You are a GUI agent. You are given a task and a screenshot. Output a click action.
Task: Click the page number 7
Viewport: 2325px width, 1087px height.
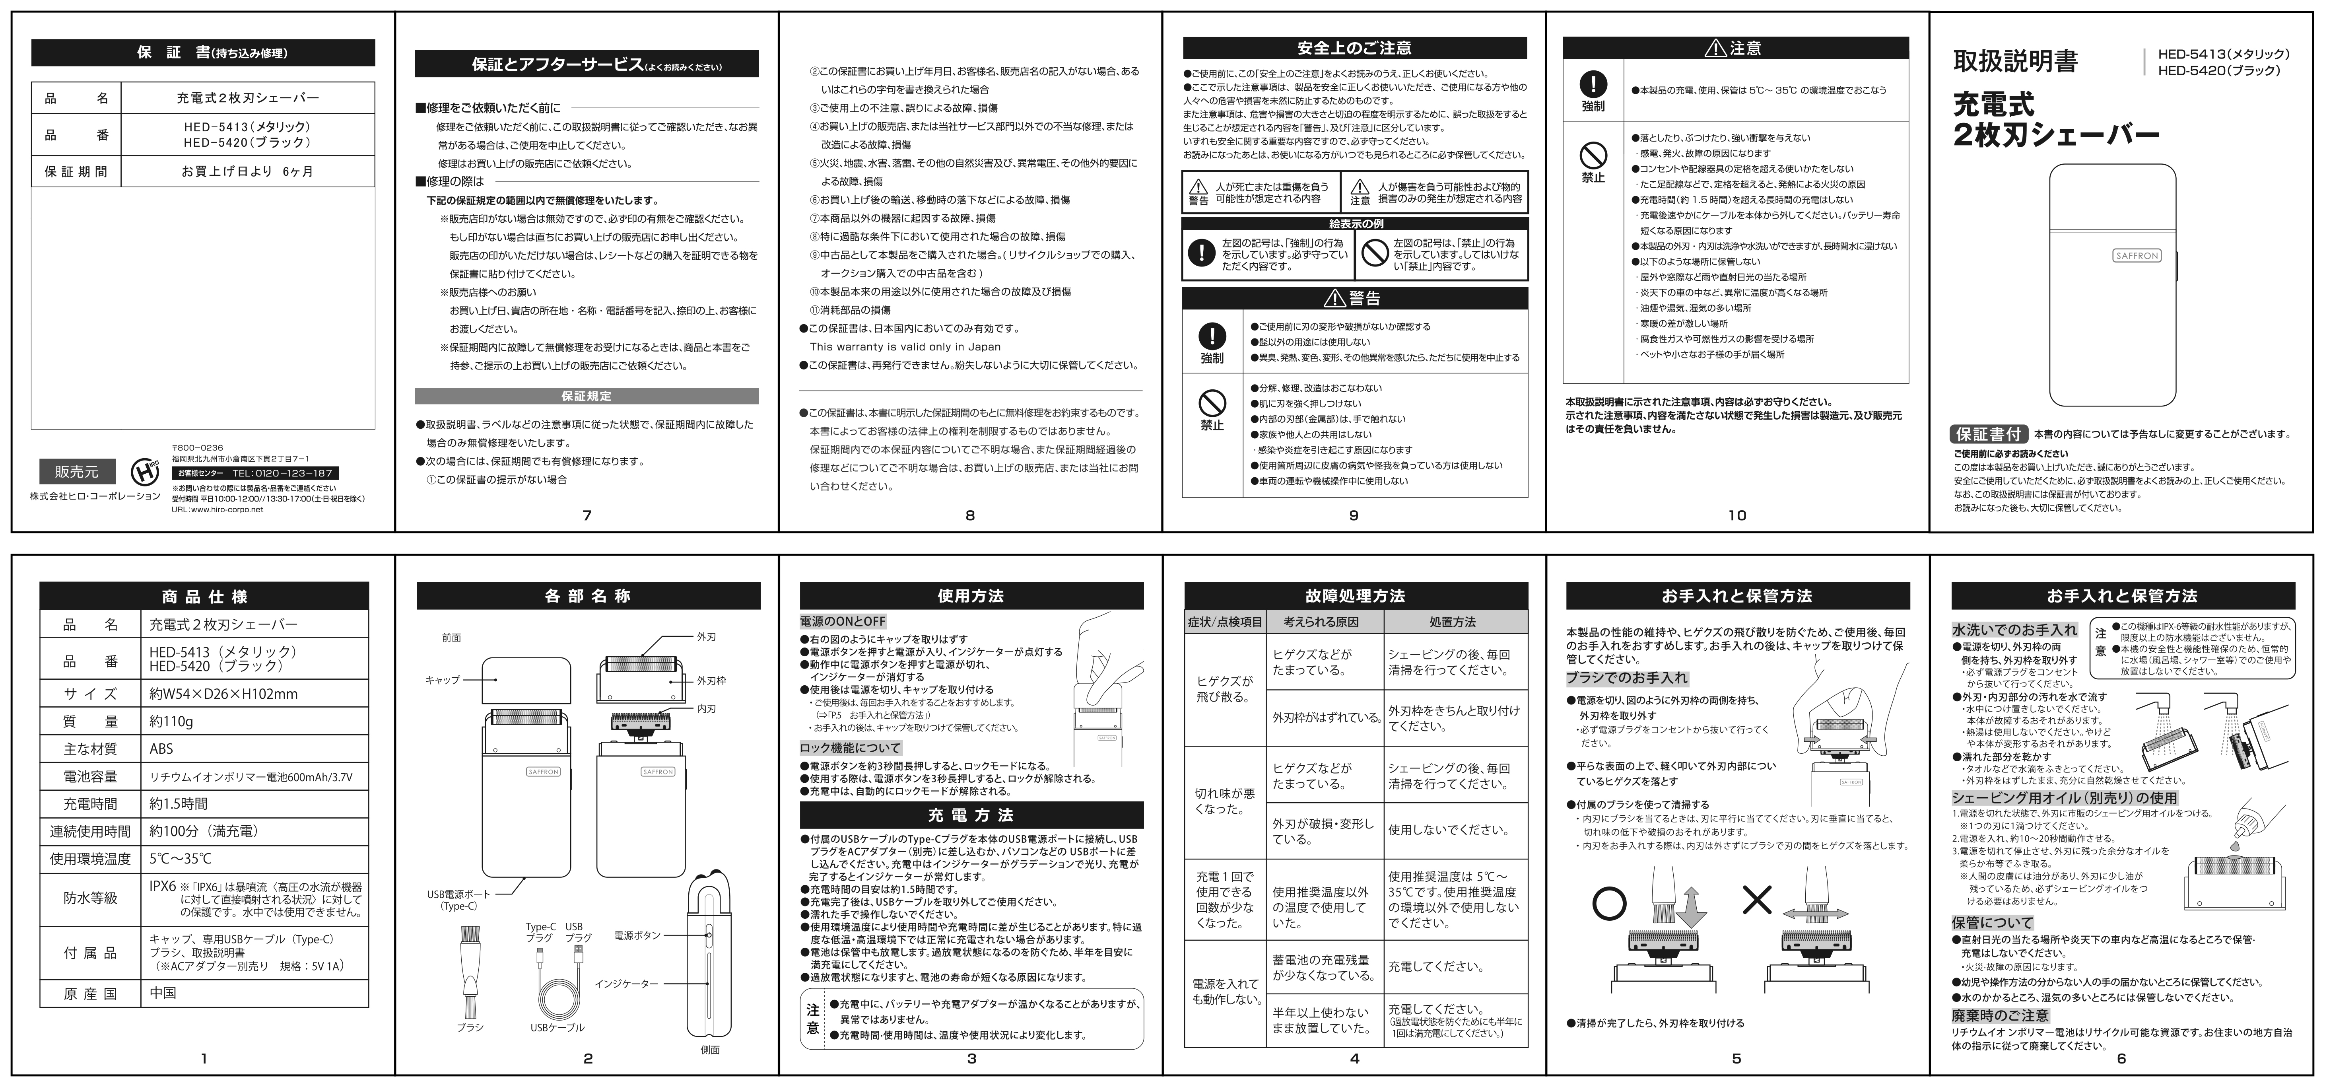pos(587,515)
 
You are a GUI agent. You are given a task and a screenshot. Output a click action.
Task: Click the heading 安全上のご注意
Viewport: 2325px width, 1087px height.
pos(1354,48)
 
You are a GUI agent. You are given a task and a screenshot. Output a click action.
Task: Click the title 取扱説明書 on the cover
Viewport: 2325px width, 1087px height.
pos(2014,61)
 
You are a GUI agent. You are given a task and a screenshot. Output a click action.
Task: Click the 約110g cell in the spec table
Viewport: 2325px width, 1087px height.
pos(171,721)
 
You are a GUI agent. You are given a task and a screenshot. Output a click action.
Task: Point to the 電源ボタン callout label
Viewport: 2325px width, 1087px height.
pos(637,935)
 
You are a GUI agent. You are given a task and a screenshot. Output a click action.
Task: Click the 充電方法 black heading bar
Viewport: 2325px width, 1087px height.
pos(971,815)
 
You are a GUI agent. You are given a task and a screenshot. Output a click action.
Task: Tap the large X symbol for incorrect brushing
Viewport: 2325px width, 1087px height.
pos(1756,899)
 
